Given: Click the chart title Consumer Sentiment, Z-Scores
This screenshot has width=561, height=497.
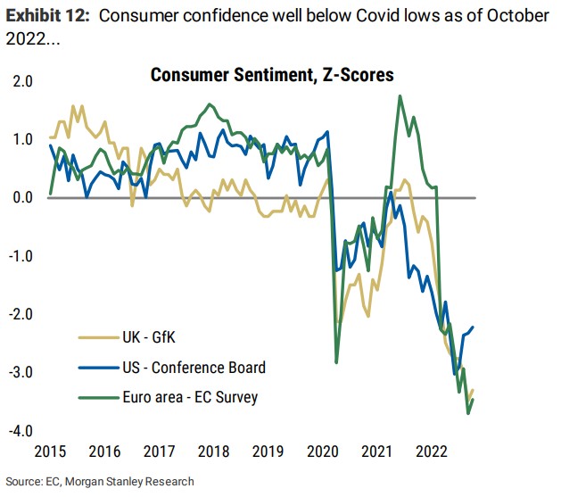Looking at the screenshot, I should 272,75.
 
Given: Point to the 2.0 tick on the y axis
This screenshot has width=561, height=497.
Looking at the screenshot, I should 23,81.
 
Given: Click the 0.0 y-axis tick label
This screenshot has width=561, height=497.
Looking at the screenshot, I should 23,198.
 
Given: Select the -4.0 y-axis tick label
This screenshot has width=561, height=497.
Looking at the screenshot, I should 21,432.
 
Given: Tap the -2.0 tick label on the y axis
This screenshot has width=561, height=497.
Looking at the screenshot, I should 21,315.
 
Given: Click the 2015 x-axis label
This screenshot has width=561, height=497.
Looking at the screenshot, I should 49,451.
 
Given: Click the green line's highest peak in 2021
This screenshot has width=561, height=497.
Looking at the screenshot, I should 400,95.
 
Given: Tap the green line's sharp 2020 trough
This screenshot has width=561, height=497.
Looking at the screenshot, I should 336,362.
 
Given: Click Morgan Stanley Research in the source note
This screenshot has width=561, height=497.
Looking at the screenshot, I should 139,482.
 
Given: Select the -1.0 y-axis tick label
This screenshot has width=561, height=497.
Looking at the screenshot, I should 21,257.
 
